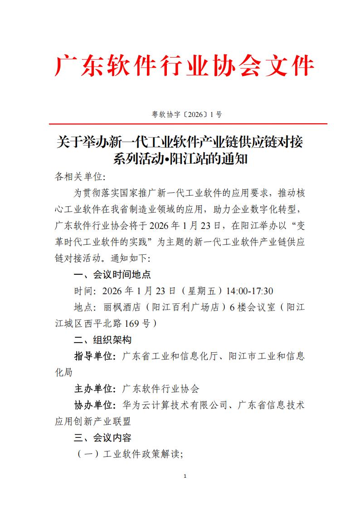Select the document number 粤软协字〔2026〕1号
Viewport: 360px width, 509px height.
[x=186, y=115]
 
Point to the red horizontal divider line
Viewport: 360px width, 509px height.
[x=181, y=123]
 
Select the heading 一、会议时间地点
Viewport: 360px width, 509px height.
[x=112, y=275]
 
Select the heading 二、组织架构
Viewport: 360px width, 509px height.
[x=103, y=339]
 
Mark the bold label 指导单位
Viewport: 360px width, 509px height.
[x=94, y=356]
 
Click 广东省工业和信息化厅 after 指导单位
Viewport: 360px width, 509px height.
[x=175, y=356]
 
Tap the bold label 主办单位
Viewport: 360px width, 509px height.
[x=94, y=388]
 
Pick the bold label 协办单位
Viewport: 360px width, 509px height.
[x=94, y=405]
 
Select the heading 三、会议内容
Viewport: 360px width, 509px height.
[x=103, y=437]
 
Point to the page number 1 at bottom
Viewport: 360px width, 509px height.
[x=185, y=476]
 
